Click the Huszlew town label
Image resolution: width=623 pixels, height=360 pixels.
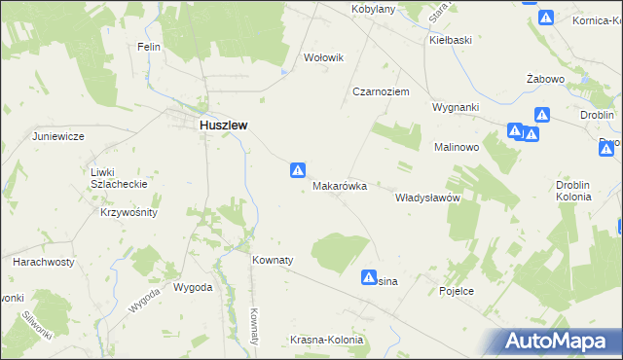point(223,126)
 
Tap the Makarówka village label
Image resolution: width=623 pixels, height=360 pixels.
point(340,185)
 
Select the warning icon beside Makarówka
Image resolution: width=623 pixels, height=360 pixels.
point(298,170)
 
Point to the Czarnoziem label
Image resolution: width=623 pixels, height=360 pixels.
point(380,90)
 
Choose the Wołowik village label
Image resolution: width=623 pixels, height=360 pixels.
point(324,57)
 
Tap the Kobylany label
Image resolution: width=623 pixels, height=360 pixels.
point(372,9)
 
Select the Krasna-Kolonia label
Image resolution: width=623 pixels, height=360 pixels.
point(326,340)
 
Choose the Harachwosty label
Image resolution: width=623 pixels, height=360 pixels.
point(44,263)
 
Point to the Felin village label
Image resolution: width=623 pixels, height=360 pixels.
point(148,47)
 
